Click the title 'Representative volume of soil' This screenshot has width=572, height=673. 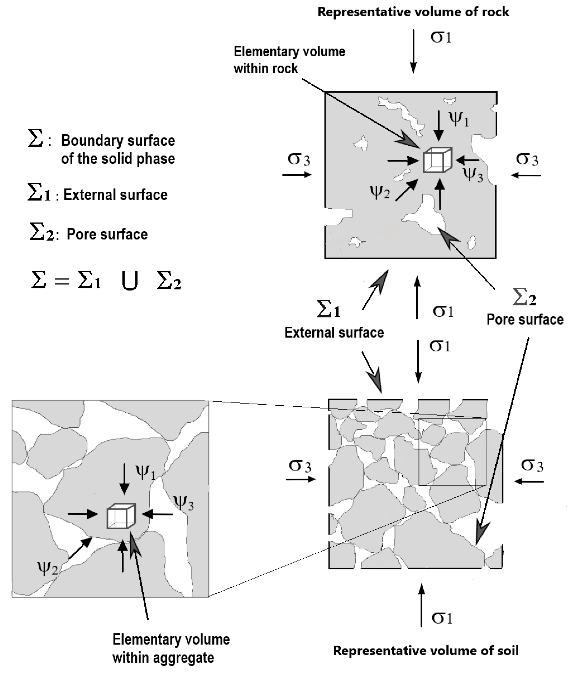426,650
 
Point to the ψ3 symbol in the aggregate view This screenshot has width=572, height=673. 184,503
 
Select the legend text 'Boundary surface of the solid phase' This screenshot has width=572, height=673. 118,150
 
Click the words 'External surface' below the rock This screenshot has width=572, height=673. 334,333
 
